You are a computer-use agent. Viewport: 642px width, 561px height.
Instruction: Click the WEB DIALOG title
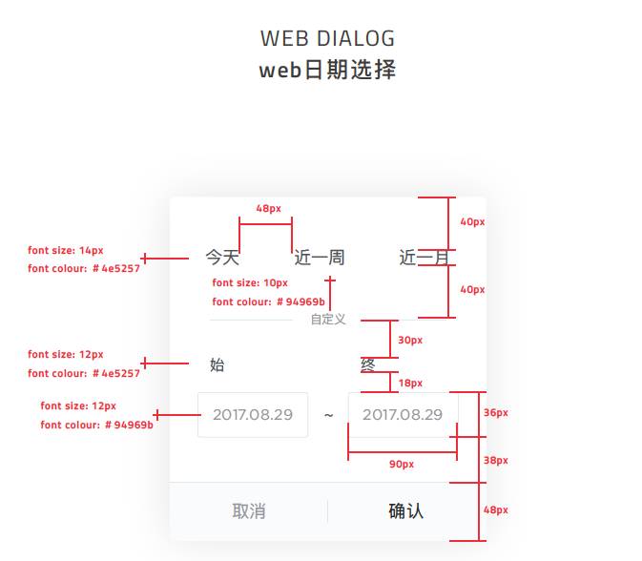point(327,39)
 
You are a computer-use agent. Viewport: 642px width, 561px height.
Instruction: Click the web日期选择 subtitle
point(327,71)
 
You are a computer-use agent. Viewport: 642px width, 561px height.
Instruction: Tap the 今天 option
point(222,258)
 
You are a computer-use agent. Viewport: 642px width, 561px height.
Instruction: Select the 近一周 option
point(320,258)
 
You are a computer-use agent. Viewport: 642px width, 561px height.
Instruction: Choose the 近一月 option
point(423,258)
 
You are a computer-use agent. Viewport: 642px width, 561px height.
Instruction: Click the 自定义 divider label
point(328,320)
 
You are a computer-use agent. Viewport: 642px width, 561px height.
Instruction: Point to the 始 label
point(217,364)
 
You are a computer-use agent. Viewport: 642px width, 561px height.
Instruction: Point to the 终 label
point(367,364)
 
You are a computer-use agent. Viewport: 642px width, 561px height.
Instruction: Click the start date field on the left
point(253,415)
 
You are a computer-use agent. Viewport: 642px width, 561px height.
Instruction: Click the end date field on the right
point(403,415)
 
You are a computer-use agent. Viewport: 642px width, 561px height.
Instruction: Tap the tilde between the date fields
point(328,416)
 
